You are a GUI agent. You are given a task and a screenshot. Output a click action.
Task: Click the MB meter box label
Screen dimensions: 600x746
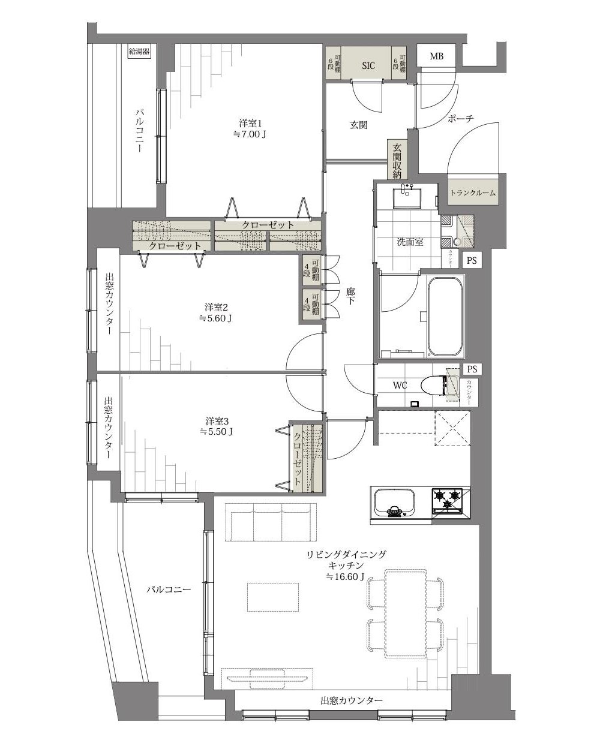436,56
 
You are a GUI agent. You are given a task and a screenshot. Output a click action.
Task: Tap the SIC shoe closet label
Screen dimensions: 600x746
368,65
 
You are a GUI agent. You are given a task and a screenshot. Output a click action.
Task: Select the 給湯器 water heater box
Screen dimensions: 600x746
139,52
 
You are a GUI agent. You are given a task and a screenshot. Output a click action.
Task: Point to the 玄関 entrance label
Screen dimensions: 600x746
359,125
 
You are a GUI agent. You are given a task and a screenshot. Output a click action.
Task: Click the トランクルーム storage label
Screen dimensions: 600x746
473,192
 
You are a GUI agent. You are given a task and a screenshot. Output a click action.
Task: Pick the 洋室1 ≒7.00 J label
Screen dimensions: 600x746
250,128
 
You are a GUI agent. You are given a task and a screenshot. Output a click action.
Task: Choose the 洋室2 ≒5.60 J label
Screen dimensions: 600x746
215,312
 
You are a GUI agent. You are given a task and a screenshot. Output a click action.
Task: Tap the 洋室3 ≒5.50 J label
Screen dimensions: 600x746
217,426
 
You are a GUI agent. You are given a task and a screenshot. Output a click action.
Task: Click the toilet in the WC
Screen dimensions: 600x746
436,385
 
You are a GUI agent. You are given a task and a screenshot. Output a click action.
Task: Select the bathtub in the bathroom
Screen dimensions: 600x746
446,317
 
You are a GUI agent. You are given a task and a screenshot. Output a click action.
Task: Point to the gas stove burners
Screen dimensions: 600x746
447,501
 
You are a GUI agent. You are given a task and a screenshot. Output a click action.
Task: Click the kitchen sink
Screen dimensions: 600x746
394,503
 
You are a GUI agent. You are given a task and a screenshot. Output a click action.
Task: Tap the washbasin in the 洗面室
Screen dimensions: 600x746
407,198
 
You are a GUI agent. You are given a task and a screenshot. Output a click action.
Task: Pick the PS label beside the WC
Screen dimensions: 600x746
472,369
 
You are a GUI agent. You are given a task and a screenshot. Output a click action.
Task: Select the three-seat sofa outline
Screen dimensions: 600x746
271,522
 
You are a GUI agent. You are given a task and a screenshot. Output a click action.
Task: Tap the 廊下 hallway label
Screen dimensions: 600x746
350,296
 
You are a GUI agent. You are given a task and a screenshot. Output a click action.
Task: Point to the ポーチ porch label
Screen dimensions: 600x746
460,119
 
